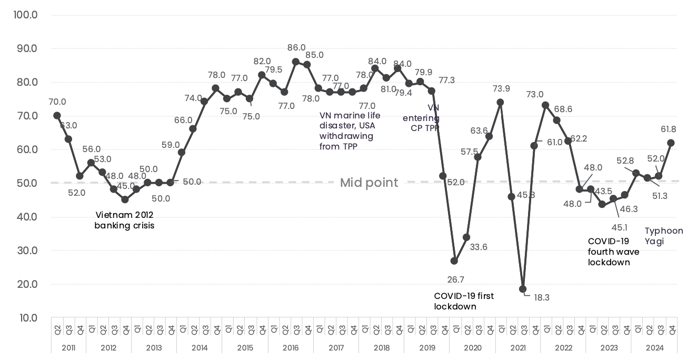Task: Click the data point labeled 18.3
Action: (x=523, y=289)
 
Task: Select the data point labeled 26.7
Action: (x=454, y=261)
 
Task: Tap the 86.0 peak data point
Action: (x=296, y=62)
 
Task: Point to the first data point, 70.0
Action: (x=57, y=115)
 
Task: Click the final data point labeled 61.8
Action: (x=671, y=143)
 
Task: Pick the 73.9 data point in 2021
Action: (x=500, y=102)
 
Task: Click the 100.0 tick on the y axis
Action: (x=25, y=15)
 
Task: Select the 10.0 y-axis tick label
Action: (x=25, y=318)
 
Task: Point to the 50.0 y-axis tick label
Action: (x=25, y=183)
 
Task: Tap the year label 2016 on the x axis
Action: (x=290, y=347)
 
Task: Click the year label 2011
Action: (x=68, y=347)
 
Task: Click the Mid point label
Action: (x=369, y=183)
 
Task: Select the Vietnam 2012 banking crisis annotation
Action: (x=124, y=220)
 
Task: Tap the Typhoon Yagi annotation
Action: (x=664, y=236)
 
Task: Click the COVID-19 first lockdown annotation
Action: (x=464, y=301)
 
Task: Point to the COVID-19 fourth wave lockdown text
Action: (x=613, y=252)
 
